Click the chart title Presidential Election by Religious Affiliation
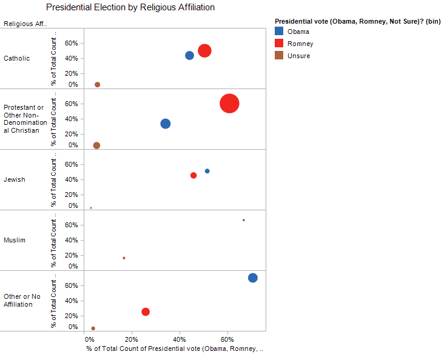(130, 8)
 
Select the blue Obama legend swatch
(279, 32)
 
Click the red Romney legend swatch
(279, 44)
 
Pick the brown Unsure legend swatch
(279, 56)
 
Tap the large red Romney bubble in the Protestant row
(229, 104)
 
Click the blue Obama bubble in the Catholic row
(189, 55)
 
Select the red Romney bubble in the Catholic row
(204, 50)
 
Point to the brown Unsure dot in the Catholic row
(97, 85)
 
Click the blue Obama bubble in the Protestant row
(166, 124)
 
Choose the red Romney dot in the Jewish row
(193, 175)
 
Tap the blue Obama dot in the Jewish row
(207, 171)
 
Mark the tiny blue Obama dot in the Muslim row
(244, 220)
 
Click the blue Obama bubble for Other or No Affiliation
(253, 278)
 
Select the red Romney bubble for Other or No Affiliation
(146, 312)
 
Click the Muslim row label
(15, 240)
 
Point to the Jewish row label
(15, 179)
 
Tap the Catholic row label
(16, 58)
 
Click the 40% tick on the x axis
(180, 338)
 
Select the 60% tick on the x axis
(227, 338)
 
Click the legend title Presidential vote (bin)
(357, 21)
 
